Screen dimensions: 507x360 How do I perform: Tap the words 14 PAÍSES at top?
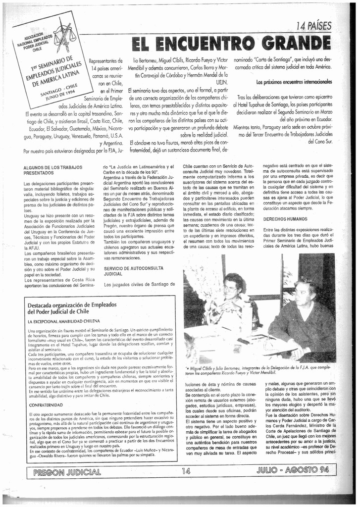coord(313,26)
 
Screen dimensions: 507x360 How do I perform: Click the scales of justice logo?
coord(69,35)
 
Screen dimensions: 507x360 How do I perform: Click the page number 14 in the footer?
coord(186,471)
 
